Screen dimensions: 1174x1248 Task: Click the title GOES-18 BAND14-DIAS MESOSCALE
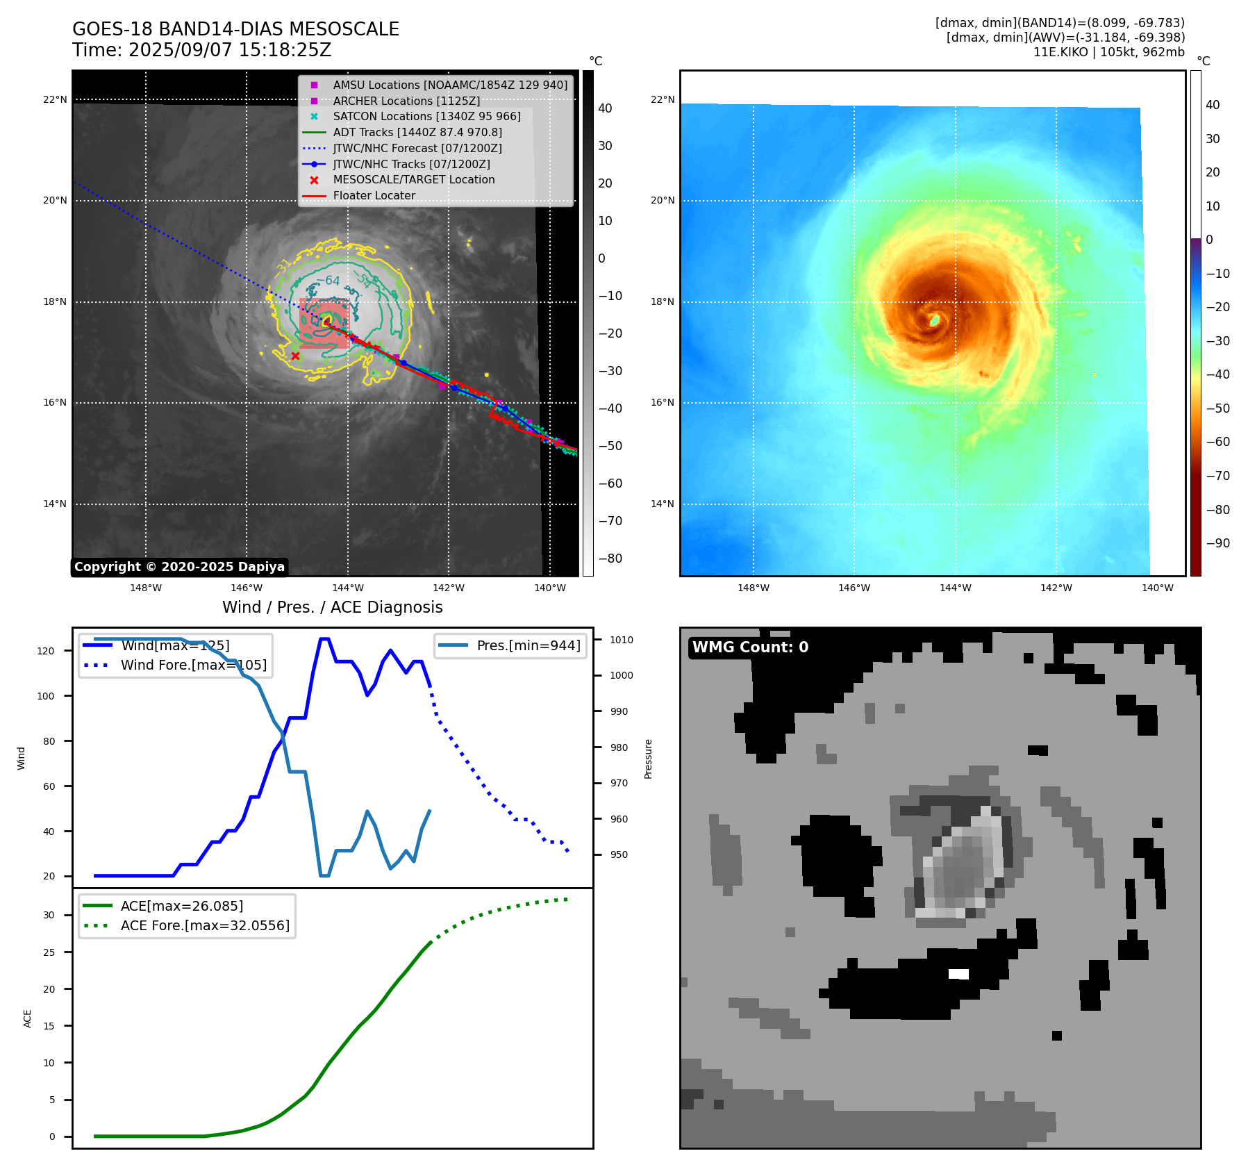[235, 29]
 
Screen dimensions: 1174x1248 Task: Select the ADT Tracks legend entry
[417, 132]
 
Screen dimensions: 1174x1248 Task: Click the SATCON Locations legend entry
[426, 116]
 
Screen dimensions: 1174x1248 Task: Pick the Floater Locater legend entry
[374, 196]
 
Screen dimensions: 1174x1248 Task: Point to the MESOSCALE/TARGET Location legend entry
[413, 180]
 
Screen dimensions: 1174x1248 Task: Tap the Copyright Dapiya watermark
[179, 567]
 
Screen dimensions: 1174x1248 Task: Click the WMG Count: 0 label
[750, 647]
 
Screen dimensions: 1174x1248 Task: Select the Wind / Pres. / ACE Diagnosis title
[332, 607]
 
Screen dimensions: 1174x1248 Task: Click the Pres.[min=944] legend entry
[528, 645]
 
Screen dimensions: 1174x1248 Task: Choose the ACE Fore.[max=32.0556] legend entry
[205, 925]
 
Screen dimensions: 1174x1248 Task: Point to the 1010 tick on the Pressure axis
[622, 640]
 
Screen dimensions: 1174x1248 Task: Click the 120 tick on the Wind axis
[46, 651]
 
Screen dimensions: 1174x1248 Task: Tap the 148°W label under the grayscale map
[146, 588]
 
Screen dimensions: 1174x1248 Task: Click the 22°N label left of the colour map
[662, 99]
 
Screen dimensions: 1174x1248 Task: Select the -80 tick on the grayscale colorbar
[610, 559]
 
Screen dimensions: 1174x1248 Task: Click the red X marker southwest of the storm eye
[295, 356]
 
